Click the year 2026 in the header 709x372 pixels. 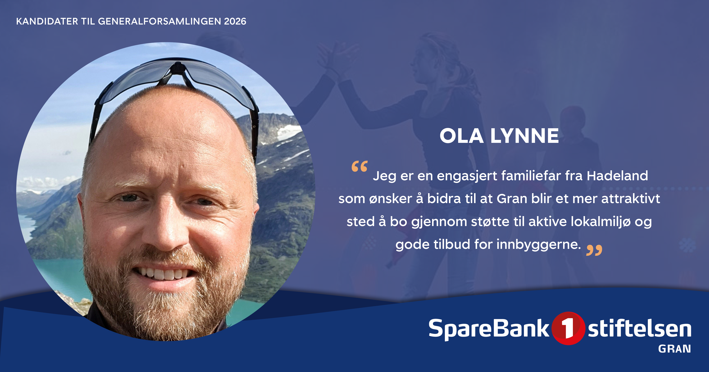tap(235, 21)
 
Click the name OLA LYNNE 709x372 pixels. tap(499, 136)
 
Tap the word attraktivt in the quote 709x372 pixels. tap(631, 199)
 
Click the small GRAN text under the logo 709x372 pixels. tap(675, 349)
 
